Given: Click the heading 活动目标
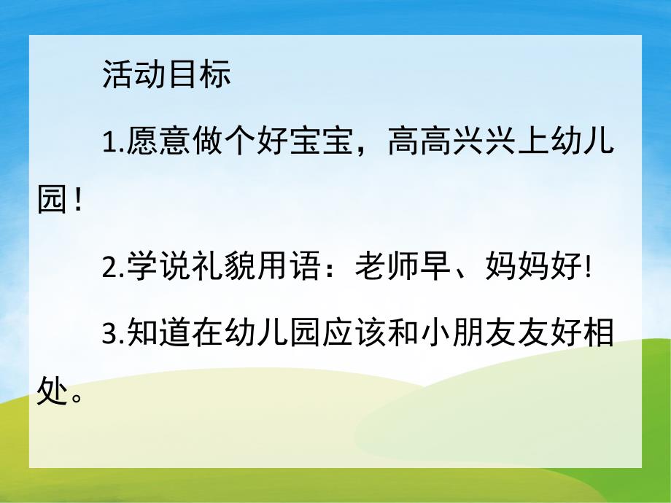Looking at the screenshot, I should coord(166,74).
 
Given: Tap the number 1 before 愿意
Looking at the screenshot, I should coord(109,141).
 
